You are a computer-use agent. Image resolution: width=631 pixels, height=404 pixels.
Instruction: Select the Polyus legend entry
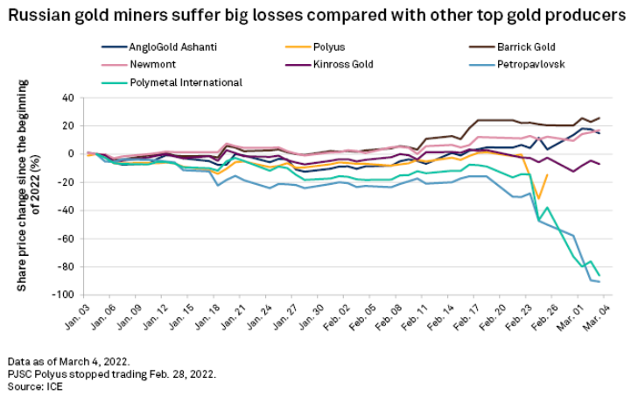tap(323, 46)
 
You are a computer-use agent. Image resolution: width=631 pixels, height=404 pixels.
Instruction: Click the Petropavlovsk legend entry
tap(527, 64)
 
